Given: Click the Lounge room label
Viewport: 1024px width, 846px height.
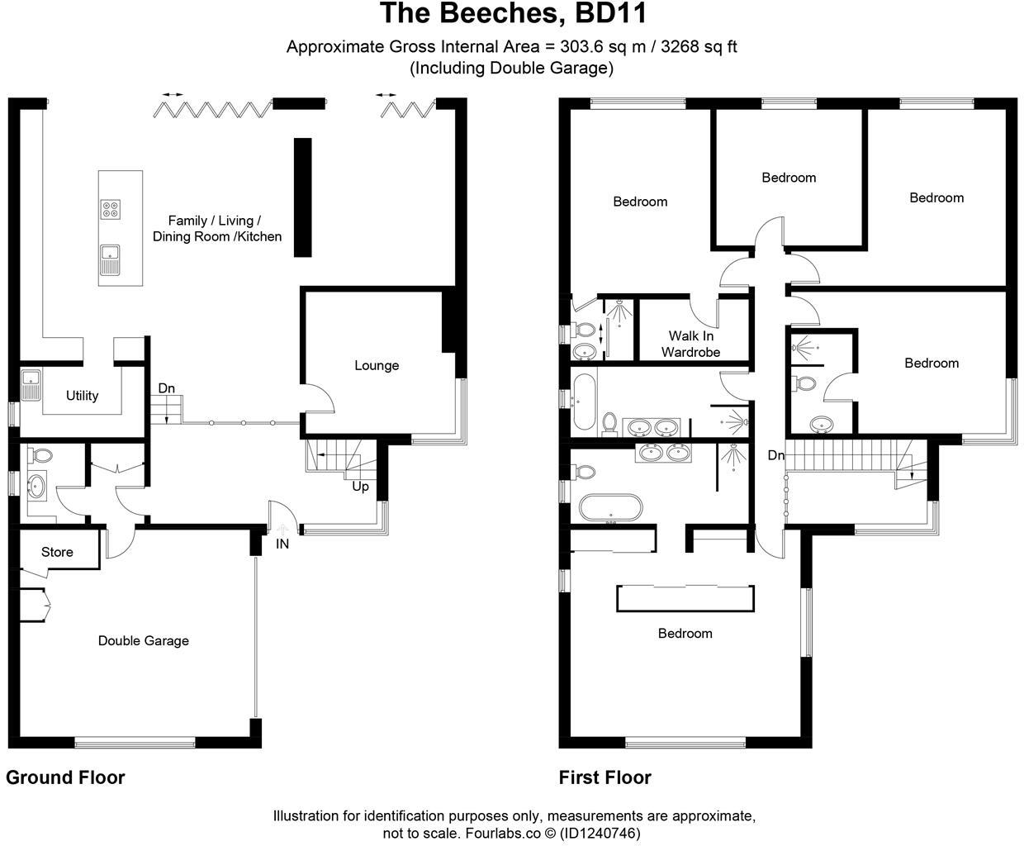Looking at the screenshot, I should [377, 365].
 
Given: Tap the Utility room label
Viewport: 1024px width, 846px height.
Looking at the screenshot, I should [82, 396].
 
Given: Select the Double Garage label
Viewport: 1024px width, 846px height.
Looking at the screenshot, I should [143, 640].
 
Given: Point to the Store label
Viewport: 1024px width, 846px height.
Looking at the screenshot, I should [57, 552].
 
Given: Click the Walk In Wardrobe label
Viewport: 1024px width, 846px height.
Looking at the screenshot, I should [690, 344].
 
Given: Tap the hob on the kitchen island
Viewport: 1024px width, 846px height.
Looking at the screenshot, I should [110, 210].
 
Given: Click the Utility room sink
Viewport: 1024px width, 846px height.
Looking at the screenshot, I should [31, 384].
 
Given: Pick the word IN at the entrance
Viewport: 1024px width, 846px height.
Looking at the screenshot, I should [282, 544].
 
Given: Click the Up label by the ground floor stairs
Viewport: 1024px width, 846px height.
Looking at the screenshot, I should [360, 487].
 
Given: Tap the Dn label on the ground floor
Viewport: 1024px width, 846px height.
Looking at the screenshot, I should [166, 388].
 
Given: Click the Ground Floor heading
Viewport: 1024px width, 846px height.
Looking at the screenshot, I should [65, 777].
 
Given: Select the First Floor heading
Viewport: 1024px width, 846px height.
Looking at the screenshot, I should [604, 777].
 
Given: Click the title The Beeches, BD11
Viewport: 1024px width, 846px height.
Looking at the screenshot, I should [512, 14].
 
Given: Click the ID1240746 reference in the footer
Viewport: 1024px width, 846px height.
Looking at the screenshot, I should [600, 833].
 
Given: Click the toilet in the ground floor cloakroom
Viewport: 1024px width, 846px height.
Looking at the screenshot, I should [40, 455].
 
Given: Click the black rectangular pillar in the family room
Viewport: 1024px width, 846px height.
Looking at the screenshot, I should [303, 197].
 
